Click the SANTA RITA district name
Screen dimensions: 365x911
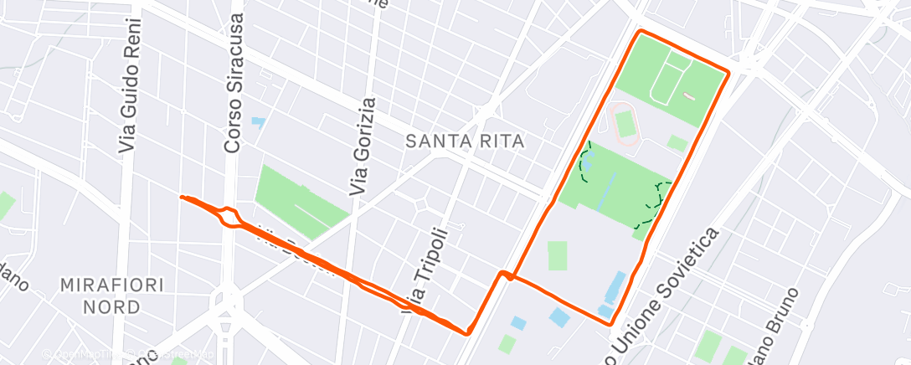(465, 142)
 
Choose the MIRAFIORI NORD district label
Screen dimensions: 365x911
(111, 296)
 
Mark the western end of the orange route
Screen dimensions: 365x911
(182, 198)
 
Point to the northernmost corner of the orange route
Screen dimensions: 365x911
(641, 31)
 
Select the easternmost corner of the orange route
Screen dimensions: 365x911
(728, 74)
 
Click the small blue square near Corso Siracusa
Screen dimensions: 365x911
(258, 122)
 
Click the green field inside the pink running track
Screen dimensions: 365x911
(625, 124)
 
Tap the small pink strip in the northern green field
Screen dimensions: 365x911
(689, 95)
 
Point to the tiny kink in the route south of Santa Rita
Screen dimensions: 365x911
(505, 275)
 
